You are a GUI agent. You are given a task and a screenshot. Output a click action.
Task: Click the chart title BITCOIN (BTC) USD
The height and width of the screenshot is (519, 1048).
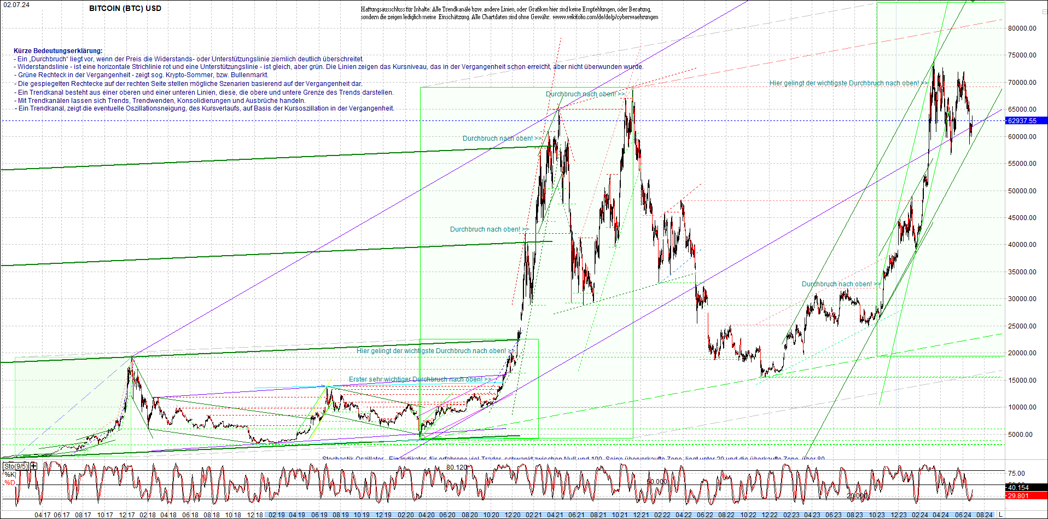(125, 8)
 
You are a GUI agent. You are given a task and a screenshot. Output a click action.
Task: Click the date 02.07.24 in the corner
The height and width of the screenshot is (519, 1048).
(16, 4)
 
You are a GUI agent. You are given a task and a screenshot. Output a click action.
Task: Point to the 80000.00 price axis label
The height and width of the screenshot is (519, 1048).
(1022, 28)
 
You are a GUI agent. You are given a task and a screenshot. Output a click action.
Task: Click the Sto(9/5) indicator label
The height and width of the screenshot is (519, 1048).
(15, 466)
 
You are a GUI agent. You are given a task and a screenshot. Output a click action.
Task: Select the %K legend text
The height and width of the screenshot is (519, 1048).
(10, 474)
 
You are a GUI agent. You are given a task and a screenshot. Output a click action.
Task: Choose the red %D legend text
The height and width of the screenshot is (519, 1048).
(10, 483)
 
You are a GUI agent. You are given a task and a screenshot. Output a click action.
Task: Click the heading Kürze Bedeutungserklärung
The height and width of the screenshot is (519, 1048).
(58, 51)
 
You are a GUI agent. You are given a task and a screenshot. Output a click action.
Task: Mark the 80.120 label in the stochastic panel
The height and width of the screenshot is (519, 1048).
(457, 467)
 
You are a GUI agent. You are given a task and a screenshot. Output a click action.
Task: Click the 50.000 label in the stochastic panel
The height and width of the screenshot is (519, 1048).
(656, 482)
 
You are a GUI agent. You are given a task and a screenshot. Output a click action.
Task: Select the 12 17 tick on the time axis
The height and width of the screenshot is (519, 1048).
(126, 515)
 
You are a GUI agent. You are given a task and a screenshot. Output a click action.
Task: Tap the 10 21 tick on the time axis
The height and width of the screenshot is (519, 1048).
(619, 515)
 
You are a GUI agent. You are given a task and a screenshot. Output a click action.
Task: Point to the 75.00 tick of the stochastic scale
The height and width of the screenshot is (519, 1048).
(1016, 474)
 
